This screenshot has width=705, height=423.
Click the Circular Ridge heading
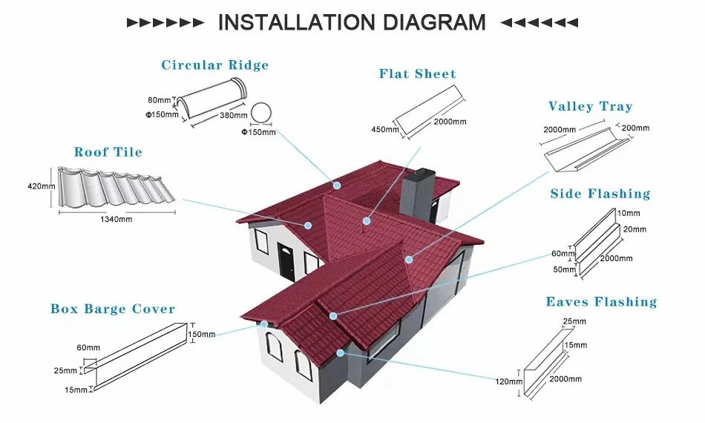click(215, 65)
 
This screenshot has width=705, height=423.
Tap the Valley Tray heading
click(590, 107)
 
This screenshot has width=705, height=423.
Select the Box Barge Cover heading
click(113, 309)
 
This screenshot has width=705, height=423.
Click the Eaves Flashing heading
click(601, 302)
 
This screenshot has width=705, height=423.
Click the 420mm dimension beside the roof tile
click(42, 186)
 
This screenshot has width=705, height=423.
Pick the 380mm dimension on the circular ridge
click(234, 116)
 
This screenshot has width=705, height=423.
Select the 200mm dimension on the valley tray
click(635, 128)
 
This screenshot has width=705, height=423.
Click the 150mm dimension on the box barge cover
click(201, 335)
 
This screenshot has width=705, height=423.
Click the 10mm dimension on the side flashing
click(629, 212)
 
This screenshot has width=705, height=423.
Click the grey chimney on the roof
click(416, 189)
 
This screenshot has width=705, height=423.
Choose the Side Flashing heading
click(600, 194)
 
